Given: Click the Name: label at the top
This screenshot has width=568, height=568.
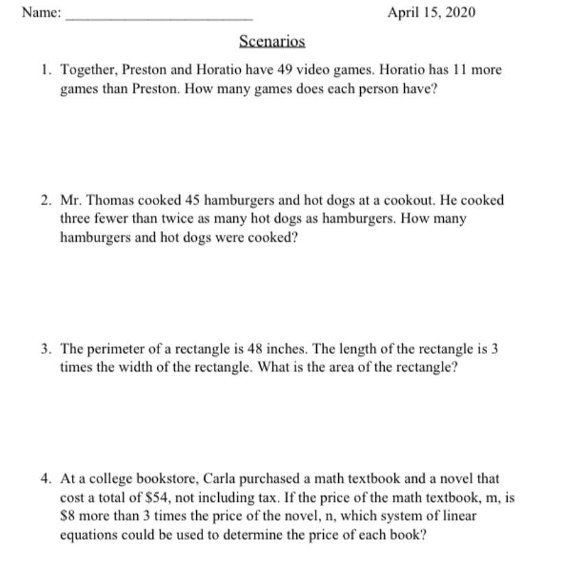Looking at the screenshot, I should click(41, 13).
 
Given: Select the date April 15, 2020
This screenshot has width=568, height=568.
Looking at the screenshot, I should click(431, 13).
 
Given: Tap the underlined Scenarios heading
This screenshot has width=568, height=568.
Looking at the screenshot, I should click(272, 41).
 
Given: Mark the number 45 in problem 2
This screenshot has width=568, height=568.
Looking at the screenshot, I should click(193, 200).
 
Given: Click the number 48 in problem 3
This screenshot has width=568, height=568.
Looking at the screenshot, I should click(286, 348).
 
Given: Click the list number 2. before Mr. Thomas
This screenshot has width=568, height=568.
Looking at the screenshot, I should click(46, 200).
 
